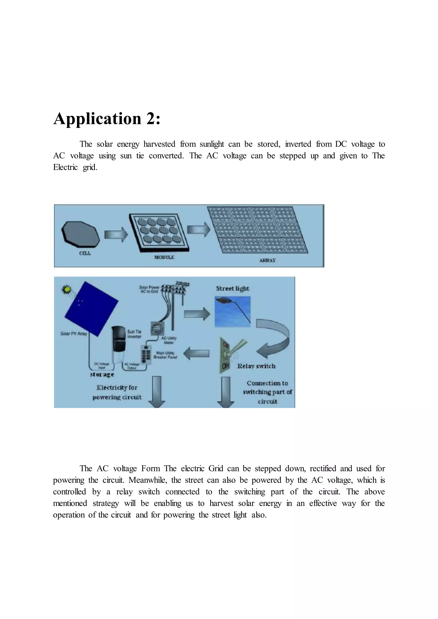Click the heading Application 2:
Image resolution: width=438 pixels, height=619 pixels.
[107, 119]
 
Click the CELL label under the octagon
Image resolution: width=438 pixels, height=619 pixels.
[85, 253]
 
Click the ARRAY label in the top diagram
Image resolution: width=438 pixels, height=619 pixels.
[267, 260]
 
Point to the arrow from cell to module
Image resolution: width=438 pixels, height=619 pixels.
[116, 234]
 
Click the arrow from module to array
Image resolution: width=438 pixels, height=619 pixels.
[199, 229]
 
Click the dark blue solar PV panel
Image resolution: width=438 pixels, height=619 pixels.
[91, 308]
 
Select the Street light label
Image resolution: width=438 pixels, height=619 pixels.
[232, 289]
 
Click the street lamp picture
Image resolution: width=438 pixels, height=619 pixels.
[232, 311]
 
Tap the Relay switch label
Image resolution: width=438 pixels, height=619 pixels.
[256, 366]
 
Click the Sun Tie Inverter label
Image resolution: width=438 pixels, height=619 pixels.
[134, 334]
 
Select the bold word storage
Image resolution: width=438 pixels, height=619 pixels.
[102, 374]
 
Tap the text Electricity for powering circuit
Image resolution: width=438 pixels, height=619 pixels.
[117, 392]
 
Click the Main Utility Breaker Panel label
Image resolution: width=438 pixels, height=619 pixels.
[165, 355]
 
